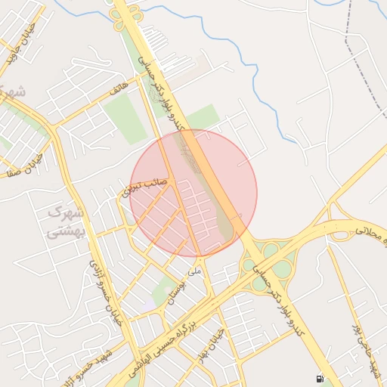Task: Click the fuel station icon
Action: pos(320,377)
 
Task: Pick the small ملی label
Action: pos(195,269)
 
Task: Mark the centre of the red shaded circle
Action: pos(193,193)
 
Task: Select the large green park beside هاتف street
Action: pos(125,119)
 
